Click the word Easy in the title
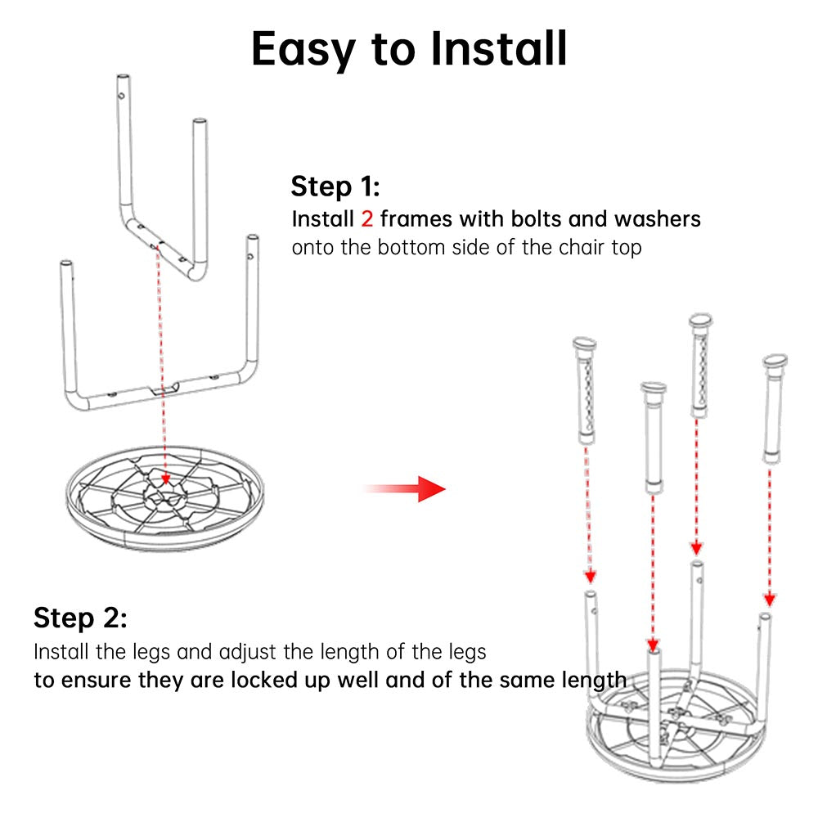coord(303,50)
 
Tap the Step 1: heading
coord(335,187)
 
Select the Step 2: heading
coord(80,618)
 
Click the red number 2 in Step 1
coord(367,219)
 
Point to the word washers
coord(658,219)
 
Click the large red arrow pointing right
coord(405,489)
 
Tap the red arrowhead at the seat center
coord(165,479)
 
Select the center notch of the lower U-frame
coord(164,389)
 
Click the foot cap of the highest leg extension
coord(701,320)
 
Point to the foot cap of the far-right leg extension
coord(775,361)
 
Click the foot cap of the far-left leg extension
coord(584,344)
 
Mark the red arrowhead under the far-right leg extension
coord(770,600)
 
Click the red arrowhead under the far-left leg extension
coord(590,577)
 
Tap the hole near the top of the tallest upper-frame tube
coord(121,96)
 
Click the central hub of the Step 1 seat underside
coord(165,497)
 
